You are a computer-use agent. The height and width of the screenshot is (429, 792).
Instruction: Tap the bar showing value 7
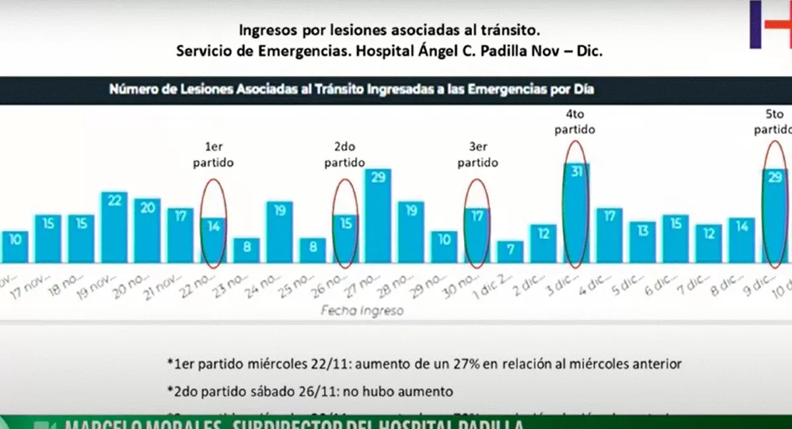click(x=510, y=252)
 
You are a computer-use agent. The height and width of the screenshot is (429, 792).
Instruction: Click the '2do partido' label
click(x=345, y=155)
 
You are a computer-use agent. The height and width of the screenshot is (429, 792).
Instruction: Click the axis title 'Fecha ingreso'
click(x=361, y=310)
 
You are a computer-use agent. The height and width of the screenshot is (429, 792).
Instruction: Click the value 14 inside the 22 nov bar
click(x=213, y=226)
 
